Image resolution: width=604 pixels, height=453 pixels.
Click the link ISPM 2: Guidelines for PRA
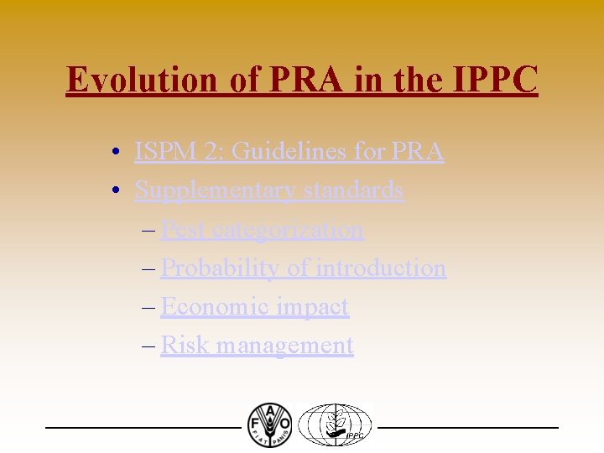(289, 152)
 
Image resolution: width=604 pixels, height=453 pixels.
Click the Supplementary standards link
(269, 190)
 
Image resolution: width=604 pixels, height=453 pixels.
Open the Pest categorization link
(262, 229)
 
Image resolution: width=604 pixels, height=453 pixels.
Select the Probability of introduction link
(303, 268)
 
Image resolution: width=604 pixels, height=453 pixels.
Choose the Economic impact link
(254, 306)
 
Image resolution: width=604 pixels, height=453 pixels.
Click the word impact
(312, 307)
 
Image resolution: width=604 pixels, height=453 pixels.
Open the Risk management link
(257, 345)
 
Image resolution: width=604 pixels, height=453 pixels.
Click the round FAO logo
(269, 424)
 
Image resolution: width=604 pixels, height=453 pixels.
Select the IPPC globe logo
(336, 424)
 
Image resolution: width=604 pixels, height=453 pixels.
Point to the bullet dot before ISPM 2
(122, 153)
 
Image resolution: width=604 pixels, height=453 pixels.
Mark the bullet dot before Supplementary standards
(122, 191)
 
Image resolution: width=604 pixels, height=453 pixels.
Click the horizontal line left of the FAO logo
(143, 428)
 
